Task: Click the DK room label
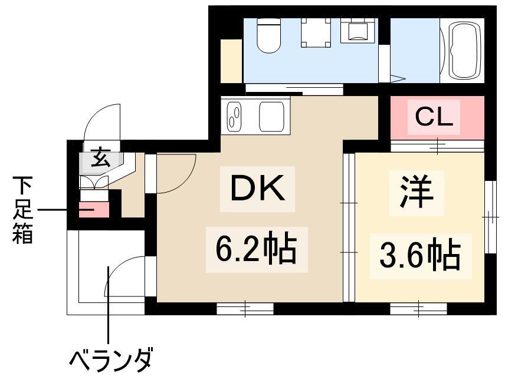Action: coord(257,188)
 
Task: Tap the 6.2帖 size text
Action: coord(257,250)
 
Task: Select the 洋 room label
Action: coord(417,192)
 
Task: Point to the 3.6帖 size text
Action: coord(420,256)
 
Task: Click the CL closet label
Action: coord(434,117)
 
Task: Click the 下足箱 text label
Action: coord(22,210)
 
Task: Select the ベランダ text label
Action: coord(110,361)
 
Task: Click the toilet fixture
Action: coord(269,35)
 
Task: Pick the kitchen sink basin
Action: coord(272,117)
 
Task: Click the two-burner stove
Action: coord(234,117)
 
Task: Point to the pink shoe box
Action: coord(94,209)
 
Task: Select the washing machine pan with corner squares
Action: coord(316,32)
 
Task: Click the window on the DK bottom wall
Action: coord(245,309)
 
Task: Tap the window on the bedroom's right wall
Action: coord(490,217)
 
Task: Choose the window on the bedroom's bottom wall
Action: coord(419,309)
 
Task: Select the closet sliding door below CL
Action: coord(437,146)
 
